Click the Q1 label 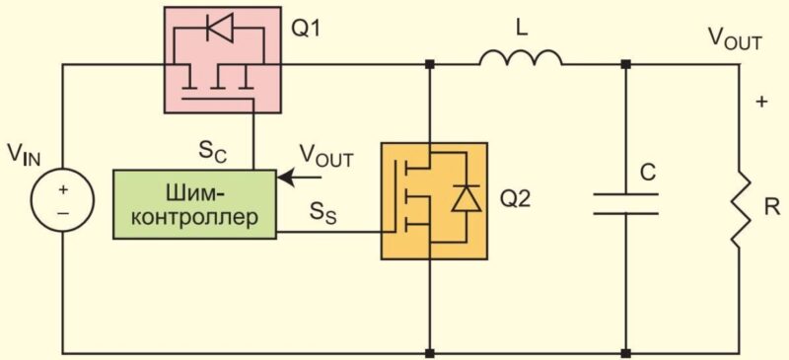click(306, 30)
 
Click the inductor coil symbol click(521, 58)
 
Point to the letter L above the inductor click(522, 30)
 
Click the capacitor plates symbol click(625, 203)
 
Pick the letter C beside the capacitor click(648, 174)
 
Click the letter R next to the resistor click(771, 208)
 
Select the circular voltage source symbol click(62, 201)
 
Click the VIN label click(24, 155)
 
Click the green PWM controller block click(194, 204)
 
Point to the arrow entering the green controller click(300, 178)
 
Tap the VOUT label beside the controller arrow click(326, 156)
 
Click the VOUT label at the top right click(735, 38)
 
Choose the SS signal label click(323, 215)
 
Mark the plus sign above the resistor click(761, 102)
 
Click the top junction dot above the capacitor click(625, 64)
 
